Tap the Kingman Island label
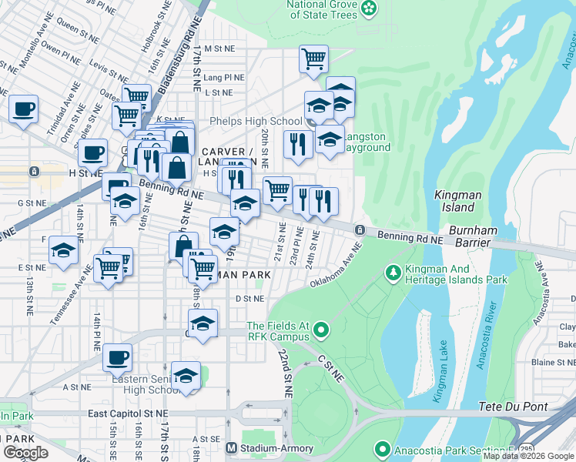click(457, 202)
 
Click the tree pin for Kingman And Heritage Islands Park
click(393, 273)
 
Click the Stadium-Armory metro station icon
click(231, 447)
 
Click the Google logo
click(25, 453)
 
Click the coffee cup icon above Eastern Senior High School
click(117, 356)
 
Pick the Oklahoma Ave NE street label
click(336, 266)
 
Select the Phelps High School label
click(256, 121)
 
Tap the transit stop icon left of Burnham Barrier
click(360, 230)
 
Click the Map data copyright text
click(527, 456)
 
